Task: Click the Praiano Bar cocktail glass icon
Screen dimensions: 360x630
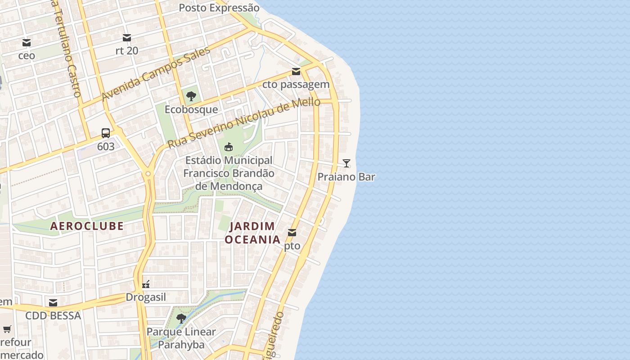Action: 346,163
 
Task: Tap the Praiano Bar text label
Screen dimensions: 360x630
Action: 346,177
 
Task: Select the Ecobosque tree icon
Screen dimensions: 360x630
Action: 191,96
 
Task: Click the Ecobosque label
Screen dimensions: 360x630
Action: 191,109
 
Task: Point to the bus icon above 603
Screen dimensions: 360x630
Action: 106,133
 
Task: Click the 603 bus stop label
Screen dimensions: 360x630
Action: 106,147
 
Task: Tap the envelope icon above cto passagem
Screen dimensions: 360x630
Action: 296,72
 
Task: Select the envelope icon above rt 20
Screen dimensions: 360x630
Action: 127,37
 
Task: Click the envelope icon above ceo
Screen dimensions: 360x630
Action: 27,43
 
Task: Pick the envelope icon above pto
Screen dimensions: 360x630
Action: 292,233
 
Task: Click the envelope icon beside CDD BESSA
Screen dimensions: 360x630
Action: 53,302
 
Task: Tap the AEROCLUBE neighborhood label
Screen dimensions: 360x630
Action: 87,226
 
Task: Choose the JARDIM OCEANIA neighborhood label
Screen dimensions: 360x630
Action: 252,233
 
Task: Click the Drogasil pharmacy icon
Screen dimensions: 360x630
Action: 146,284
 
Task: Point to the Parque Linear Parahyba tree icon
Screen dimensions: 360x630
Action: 181,319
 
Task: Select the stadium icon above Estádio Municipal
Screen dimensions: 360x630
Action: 229,147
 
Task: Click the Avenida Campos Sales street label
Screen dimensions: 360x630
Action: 156,74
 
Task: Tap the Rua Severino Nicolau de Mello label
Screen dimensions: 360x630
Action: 243,123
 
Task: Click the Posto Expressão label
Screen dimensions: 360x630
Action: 219,8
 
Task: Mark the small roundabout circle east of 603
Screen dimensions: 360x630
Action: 148,173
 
